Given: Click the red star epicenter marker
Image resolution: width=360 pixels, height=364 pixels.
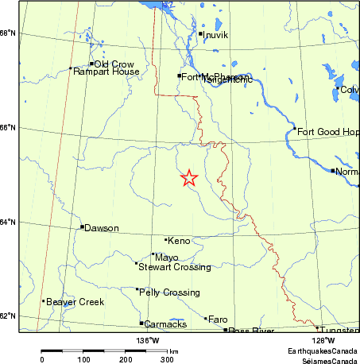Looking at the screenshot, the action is [x=189, y=178].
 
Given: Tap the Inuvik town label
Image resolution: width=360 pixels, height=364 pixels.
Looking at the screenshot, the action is [x=215, y=36].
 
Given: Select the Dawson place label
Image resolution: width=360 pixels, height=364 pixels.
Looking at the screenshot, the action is [x=102, y=229].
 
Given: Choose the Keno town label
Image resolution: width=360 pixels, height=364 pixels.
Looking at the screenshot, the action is [x=180, y=240].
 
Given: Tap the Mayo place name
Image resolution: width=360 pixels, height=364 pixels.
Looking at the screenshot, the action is [x=167, y=258].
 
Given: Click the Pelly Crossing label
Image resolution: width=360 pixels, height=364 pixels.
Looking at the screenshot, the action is [x=169, y=293].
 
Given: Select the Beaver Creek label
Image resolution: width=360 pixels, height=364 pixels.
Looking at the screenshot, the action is [x=75, y=303].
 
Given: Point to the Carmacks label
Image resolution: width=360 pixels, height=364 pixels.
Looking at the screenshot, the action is [x=165, y=324].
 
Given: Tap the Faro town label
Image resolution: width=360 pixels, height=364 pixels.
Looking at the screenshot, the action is [x=217, y=319].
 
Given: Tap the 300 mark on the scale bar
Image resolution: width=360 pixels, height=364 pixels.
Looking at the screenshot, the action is [x=168, y=359].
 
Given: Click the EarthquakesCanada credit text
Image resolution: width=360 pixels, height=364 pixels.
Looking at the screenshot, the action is [x=322, y=350].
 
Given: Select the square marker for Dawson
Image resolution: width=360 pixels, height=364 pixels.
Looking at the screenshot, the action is [x=82, y=227].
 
